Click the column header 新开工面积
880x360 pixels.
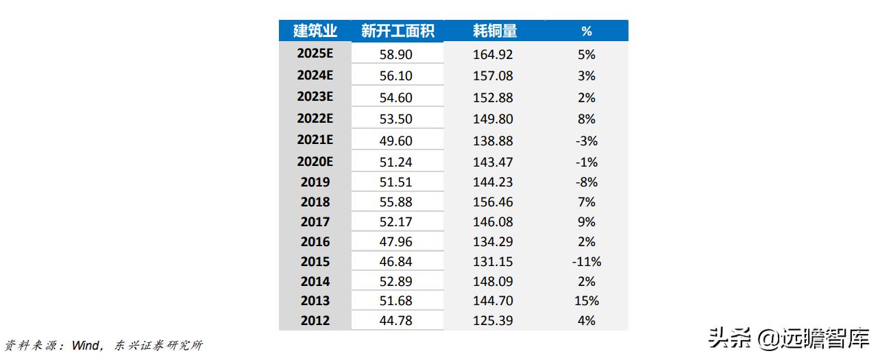tap(397, 31)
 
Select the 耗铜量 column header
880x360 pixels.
tap(494, 31)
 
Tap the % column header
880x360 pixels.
tap(586, 31)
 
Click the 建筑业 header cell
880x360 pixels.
tap(315, 31)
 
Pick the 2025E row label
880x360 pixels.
tap(315, 54)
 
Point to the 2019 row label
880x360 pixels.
tap(315, 182)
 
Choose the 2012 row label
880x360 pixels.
tap(315, 320)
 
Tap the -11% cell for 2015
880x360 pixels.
tap(586, 261)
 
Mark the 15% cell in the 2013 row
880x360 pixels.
tap(587, 300)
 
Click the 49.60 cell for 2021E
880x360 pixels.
tap(396, 141)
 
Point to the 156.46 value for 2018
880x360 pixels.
tap(493, 202)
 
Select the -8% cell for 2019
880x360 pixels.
tap(587, 182)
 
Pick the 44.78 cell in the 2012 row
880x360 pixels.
tap(396, 320)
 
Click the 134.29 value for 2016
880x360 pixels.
tap(493, 241)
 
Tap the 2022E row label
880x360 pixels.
tap(315, 119)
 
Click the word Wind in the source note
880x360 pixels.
tap(86, 345)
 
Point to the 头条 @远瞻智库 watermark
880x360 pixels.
tap(789, 338)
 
